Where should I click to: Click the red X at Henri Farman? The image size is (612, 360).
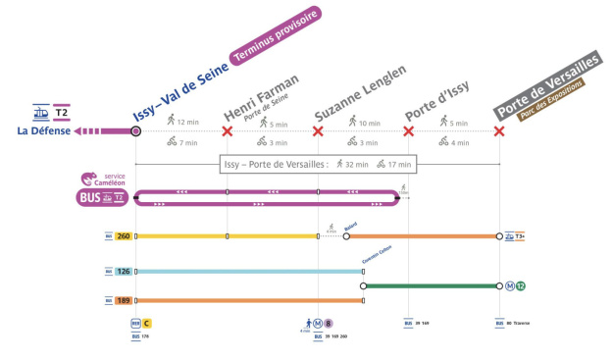pyautogui.click(x=228, y=131)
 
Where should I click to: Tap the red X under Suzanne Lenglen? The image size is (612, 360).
pyautogui.click(x=318, y=131)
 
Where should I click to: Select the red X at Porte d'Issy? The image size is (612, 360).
pyautogui.click(x=409, y=131)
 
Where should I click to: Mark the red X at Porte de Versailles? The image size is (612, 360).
pyautogui.click(x=500, y=131)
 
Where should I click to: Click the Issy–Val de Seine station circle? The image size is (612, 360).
pyautogui.click(x=135, y=131)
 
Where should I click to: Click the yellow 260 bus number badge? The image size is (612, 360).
pyautogui.click(x=124, y=236)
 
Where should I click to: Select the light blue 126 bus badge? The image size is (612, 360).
pyautogui.click(x=124, y=272)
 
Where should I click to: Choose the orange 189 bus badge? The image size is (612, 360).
pyautogui.click(x=124, y=300)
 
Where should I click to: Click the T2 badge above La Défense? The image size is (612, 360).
pyautogui.click(x=63, y=112)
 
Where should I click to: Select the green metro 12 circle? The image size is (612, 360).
pyautogui.click(x=522, y=286)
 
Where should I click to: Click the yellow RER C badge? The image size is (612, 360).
pyautogui.click(x=147, y=323)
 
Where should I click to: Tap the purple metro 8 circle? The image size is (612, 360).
pyautogui.click(x=330, y=323)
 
